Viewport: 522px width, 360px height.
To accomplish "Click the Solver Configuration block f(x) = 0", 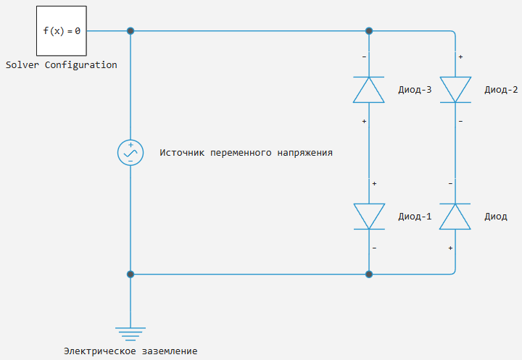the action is (x=62, y=31).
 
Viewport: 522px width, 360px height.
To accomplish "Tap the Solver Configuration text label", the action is (x=61, y=65).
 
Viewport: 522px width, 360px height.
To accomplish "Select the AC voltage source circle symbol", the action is (x=130, y=153).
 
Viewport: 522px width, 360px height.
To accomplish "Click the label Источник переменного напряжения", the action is (x=246, y=153).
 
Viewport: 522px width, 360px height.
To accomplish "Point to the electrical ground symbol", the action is (x=130, y=334).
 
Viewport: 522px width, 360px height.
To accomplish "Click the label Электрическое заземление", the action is (x=130, y=351).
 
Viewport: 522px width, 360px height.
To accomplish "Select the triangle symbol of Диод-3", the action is (x=369, y=90).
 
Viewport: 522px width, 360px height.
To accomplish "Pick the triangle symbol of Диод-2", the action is (x=455, y=90).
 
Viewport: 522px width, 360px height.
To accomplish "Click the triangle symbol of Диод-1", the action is (x=369, y=217).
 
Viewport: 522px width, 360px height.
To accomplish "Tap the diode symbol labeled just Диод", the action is (x=455, y=217).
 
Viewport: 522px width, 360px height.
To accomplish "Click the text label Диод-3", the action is (x=415, y=90).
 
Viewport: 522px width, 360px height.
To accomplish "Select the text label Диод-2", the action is (x=501, y=90).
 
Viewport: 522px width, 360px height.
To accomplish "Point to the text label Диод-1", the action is (x=415, y=217).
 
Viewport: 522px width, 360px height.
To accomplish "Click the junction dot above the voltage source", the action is (x=130, y=31).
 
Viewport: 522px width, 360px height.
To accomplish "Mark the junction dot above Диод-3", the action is (x=369, y=31).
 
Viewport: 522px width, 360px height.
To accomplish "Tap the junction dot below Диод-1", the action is (x=369, y=274).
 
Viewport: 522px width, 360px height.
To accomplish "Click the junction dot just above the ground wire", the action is (x=130, y=274).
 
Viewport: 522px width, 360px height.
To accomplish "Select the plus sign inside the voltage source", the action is (x=130, y=145).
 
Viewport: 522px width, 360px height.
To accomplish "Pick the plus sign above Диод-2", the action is (x=460, y=57).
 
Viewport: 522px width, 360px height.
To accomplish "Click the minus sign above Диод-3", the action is (x=364, y=57).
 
